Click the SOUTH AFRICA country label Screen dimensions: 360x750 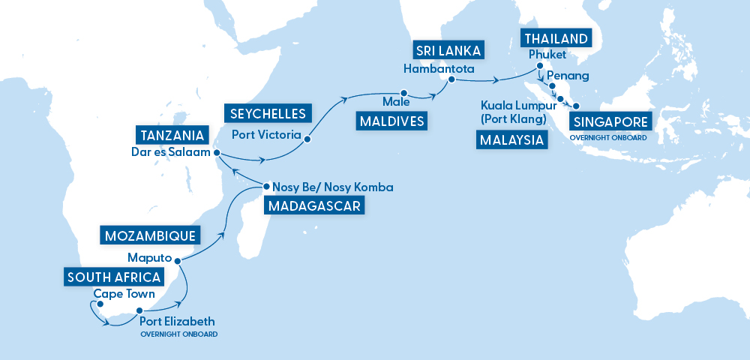click(112, 277)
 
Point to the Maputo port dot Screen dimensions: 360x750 click(178, 260)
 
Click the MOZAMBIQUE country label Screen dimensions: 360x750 click(148, 235)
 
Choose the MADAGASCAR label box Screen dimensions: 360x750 click(314, 206)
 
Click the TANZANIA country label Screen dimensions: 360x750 click(170, 135)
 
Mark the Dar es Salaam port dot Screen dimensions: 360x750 click(217, 153)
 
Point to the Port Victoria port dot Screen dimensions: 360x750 click(307, 139)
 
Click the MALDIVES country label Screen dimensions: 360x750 click(390, 121)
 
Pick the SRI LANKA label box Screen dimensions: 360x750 click(448, 51)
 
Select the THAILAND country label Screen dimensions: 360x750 click(556, 38)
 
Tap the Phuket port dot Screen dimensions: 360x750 click(539, 66)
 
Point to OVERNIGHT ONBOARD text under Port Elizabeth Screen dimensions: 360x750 click(178, 334)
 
